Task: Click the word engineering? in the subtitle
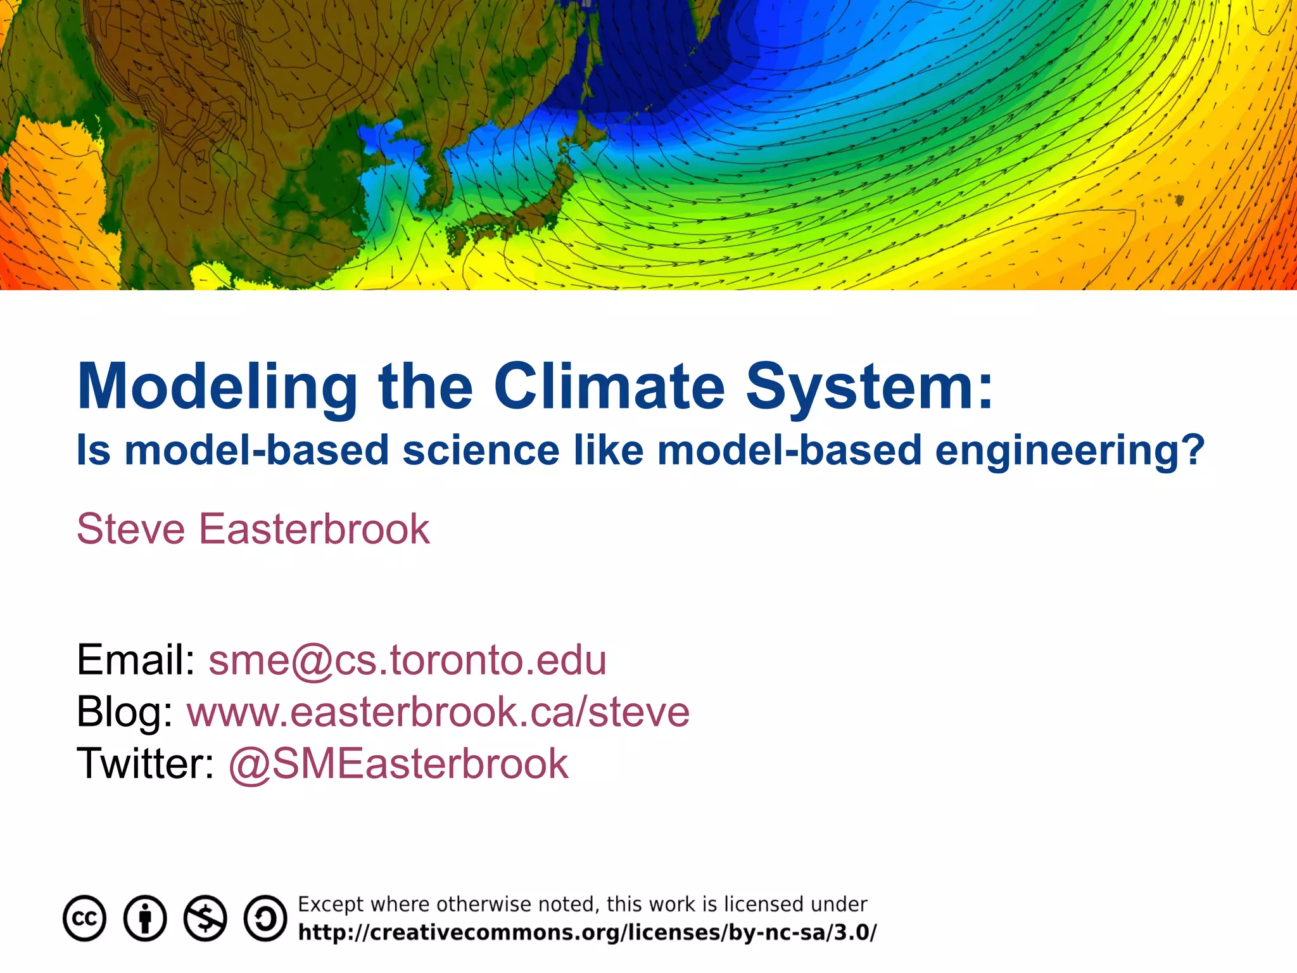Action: [x=1070, y=451]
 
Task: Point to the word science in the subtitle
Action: [x=481, y=451]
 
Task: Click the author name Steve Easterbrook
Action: [x=253, y=529]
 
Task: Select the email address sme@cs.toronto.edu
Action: [x=407, y=660]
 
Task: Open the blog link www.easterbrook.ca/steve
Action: [x=438, y=712]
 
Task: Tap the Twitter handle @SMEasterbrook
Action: [x=398, y=764]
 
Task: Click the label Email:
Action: [x=136, y=660]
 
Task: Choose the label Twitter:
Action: [x=146, y=764]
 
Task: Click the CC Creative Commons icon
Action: [x=84, y=919]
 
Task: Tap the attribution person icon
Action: [x=145, y=919]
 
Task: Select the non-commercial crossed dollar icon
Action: [x=205, y=919]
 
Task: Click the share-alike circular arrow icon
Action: [x=265, y=919]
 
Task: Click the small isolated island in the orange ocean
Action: [x=1179, y=201]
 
